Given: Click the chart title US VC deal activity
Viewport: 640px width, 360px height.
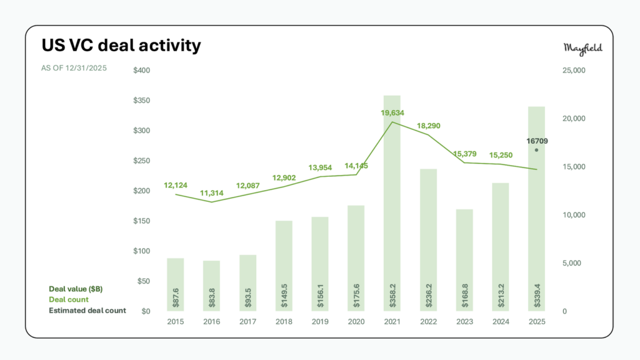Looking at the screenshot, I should (121, 46).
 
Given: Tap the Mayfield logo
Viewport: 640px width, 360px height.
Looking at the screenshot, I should (583, 49).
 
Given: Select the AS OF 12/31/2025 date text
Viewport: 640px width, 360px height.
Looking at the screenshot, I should (74, 67).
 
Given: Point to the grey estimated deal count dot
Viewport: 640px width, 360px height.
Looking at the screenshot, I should (536, 150).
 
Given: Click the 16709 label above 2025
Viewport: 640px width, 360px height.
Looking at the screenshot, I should (536, 141).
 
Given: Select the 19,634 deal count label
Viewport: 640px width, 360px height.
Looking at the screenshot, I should (392, 113).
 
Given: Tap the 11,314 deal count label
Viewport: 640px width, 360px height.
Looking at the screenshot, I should (211, 194).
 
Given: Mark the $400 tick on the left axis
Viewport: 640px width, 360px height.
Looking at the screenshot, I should (142, 70).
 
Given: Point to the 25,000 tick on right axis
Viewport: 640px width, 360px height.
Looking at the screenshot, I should (574, 71).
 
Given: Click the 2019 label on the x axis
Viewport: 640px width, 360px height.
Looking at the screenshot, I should (320, 321).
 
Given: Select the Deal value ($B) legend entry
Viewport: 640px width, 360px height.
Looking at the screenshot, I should (76, 289).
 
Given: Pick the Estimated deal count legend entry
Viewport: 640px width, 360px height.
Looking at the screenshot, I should (87, 311).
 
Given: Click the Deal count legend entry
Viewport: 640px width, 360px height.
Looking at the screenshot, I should (69, 299).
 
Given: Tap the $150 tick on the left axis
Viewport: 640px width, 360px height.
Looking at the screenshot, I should (142, 221).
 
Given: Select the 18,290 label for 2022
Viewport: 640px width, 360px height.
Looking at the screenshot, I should (428, 126).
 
